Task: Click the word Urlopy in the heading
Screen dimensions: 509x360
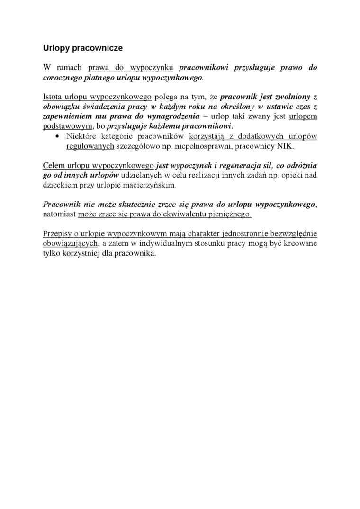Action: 55,48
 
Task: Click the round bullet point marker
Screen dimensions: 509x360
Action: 57,137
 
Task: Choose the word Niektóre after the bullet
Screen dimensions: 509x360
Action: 81,137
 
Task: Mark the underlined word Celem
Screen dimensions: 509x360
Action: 53,166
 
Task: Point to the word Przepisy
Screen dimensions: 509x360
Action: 57,234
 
